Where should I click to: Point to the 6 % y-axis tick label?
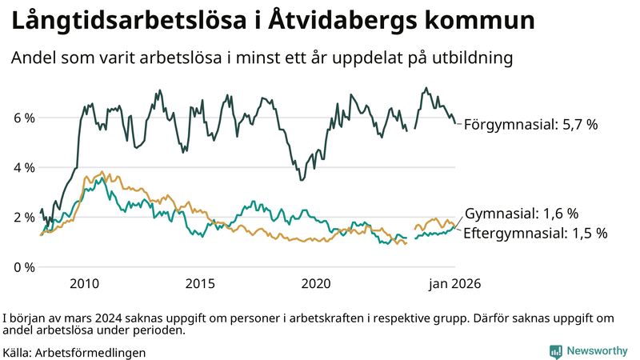[24, 118]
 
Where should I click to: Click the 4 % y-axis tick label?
[24, 167]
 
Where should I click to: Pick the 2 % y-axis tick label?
[24, 217]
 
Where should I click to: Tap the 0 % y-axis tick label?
[24, 266]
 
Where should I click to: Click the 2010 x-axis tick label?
[84, 283]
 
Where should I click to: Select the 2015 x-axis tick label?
[200, 283]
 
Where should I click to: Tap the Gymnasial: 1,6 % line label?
[522, 214]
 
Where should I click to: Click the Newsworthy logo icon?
[555, 350]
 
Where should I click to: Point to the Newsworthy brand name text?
[597, 350]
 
